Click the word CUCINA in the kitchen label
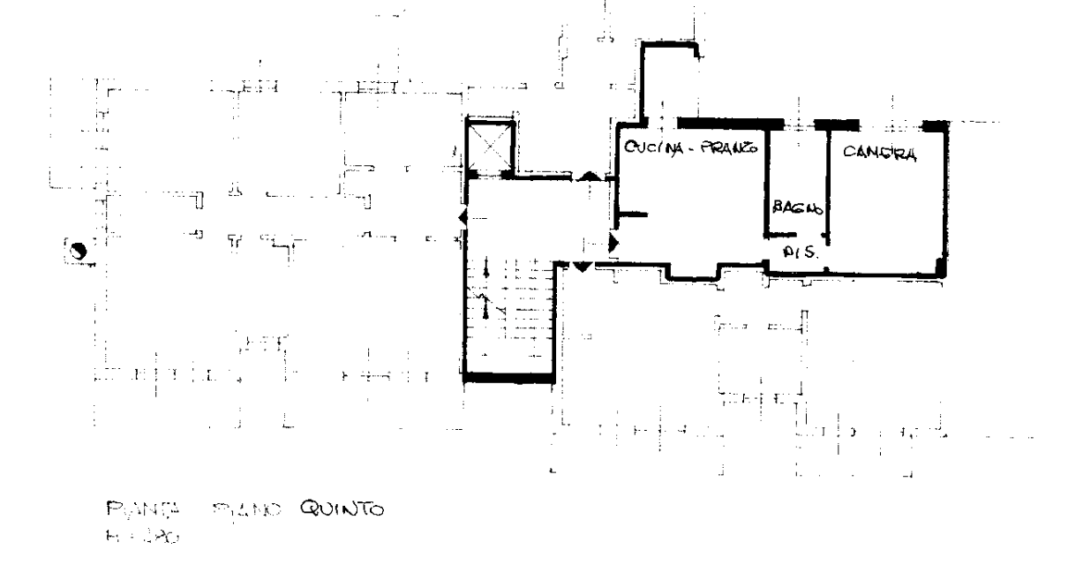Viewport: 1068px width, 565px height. pos(652,147)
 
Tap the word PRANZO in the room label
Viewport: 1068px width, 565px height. pos(728,147)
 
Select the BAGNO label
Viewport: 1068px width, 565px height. pos(797,209)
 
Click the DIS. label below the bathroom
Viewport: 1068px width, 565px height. pos(800,252)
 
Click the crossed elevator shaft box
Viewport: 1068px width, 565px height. pos(490,145)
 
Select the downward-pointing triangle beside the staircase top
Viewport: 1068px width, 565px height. pos(583,265)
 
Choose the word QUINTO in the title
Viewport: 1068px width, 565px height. pos(342,509)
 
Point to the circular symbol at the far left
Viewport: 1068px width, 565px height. pos(78,252)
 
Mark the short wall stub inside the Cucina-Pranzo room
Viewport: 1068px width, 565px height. pos(636,215)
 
